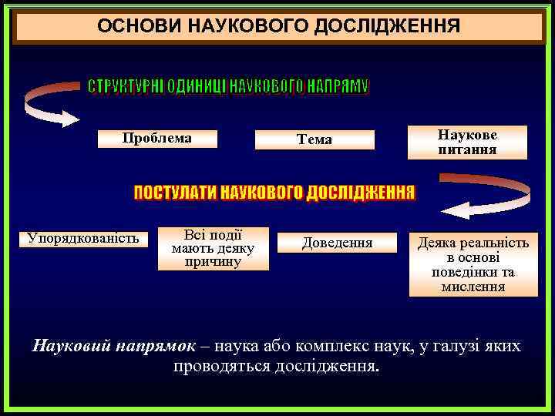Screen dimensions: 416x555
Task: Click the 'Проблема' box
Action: tap(157, 139)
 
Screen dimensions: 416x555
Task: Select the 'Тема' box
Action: tap(314, 139)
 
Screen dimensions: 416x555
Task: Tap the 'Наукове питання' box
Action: tap(467, 143)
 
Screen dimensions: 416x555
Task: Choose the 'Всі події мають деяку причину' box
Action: tap(213, 249)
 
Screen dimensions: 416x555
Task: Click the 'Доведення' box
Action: tap(337, 243)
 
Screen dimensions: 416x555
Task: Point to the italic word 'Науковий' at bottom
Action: tap(72, 346)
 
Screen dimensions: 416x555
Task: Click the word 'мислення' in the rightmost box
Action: tap(473, 287)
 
